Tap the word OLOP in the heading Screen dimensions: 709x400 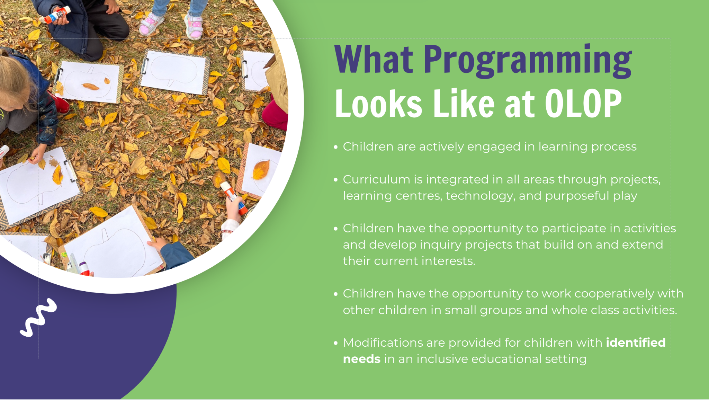(x=583, y=103)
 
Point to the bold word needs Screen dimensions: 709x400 (x=362, y=359)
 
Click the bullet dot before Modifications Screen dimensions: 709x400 (x=335, y=343)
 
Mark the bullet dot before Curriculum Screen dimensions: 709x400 (x=335, y=180)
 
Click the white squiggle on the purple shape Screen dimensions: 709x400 (x=38, y=317)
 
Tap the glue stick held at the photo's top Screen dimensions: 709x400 (x=57, y=15)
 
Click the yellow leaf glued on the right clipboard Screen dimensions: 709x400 (x=261, y=169)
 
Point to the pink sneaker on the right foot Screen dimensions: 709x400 (x=194, y=26)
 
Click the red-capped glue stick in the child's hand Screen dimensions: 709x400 (x=234, y=198)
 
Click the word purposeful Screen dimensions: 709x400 (x=577, y=196)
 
